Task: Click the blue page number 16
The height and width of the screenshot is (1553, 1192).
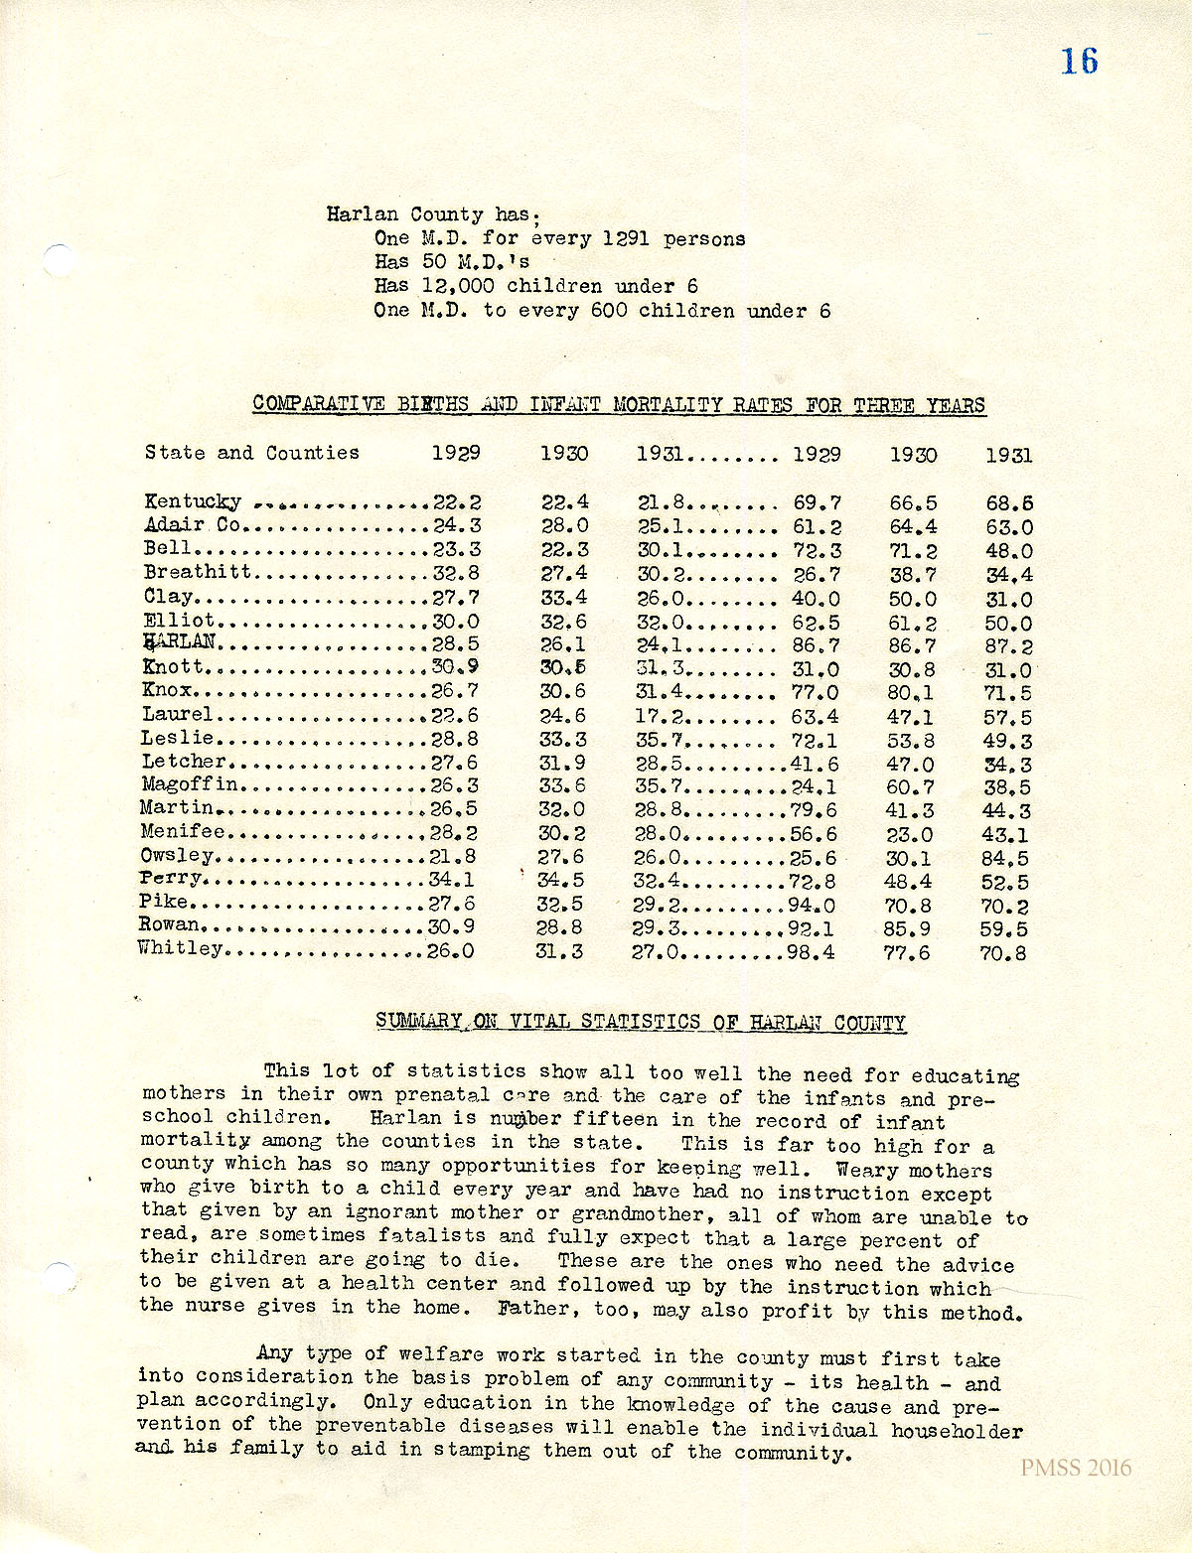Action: point(1079,62)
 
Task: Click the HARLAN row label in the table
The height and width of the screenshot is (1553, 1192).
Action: point(179,643)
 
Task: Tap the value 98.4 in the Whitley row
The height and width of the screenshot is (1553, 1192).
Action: point(813,953)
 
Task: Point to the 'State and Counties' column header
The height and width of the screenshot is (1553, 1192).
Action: point(251,453)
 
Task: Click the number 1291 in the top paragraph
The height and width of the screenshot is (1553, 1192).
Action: point(623,238)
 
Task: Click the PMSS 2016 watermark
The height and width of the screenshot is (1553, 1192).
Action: point(1075,1468)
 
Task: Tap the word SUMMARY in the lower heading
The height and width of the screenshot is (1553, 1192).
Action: point(418,1021)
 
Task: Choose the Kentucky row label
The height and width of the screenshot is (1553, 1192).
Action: point(193,501)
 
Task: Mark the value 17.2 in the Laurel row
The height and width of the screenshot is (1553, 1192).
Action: point(660,715)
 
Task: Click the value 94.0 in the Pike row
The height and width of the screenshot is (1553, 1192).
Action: point(813,906)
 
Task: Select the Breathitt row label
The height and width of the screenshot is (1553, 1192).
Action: point(198,572)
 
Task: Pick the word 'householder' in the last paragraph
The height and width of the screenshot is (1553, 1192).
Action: point(956,1431)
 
